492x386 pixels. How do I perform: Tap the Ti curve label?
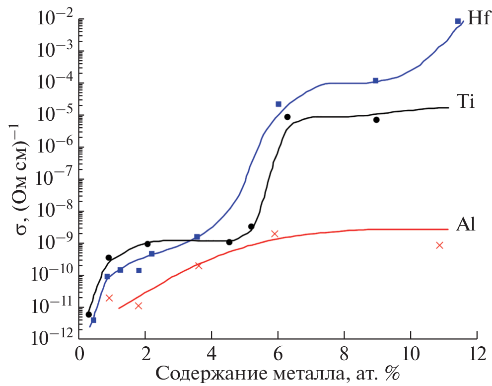tap(466, 103)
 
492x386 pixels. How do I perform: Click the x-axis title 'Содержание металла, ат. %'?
tap(278, 373)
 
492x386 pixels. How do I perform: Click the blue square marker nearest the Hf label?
tap(458, 21)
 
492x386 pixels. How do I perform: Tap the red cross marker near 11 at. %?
tap(439, 245)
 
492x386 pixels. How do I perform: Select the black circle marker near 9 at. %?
tap(377, 120)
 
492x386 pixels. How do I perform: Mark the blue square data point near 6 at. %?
tap(279, 104)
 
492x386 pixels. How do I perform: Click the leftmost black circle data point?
tap(89, 314)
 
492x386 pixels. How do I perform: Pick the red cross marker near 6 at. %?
tap(275, 233)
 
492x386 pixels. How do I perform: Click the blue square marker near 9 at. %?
tap(376, 80)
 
